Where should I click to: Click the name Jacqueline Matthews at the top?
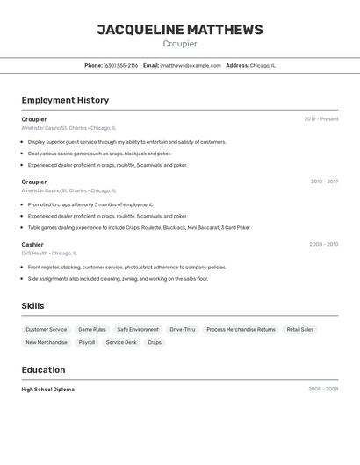(x=179, y=30)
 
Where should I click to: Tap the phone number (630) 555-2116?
(x=121, y=65)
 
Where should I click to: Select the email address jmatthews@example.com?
(x=191, y=65)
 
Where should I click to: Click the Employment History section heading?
(x=65, y=100)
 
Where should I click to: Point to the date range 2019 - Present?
(x=320, y=119)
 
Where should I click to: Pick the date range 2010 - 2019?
(x=324, y=182)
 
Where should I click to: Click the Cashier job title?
(x=32, y=245)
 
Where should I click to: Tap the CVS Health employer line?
(x=49, y=254)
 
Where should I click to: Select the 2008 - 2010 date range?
(x=323, y=245)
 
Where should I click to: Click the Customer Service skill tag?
(x=46, y=330)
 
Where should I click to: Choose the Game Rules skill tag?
(x=92, y=330)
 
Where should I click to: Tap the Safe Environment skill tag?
(x=138, y=330)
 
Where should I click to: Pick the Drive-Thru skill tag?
(x=183, y=330)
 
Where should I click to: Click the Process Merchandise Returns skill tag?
(x=241, y=330)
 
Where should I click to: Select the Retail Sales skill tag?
(x=300, y=330)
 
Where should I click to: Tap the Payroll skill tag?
(x=87, y=343)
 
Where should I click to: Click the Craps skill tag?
(x=155, y=343)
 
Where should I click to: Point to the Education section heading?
(x=43, y=369)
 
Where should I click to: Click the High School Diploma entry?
(x=48, y=390)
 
